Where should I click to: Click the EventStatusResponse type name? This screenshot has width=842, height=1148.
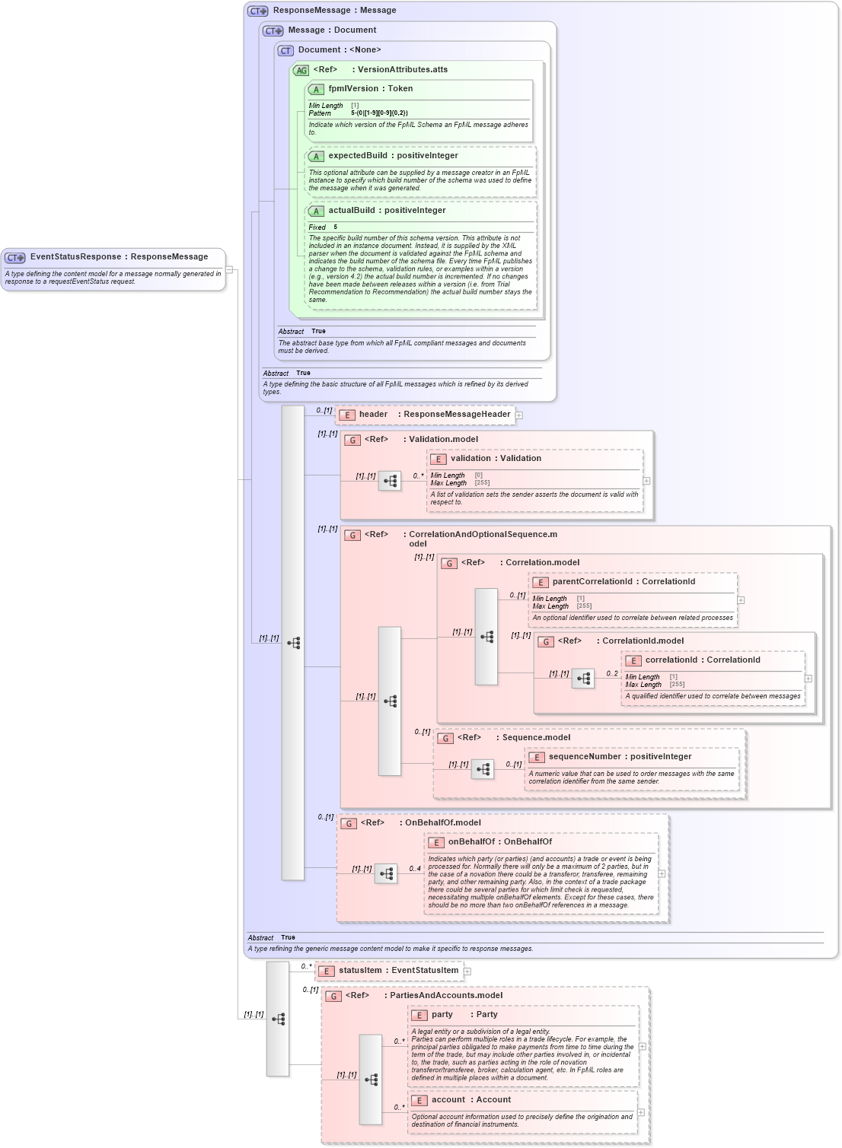pyautogui.click(x=119, y=257)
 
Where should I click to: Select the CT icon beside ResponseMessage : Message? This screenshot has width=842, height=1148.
pyautogui.click(x=257, y=11)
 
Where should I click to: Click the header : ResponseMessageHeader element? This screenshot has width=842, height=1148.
pyautogui.click(x=434, y=415)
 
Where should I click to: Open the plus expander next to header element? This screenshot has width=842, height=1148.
pyautogui.click(x=519, y=415)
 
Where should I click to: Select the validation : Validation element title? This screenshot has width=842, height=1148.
pyautogui.click(x=496, y=459)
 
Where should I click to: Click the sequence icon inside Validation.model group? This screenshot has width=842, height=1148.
pyautogui.click(x=390, y=481)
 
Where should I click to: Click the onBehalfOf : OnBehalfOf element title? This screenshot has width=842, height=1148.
pyautogui.click(x=499, y=842)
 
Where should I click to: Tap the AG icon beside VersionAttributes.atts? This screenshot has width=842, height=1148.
pyautogui.click(x=301, y=71)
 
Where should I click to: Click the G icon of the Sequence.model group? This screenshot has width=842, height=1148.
pyautogui.click(x=445, y=738)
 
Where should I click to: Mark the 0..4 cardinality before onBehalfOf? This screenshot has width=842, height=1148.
pyautogui.click(x=414, y=869)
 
